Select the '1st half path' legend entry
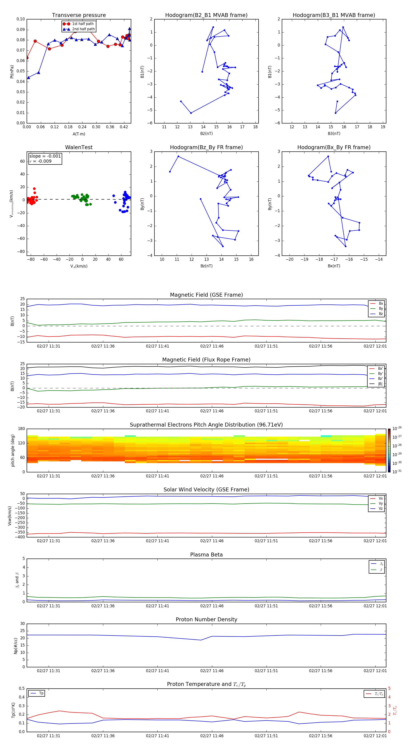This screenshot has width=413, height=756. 83,24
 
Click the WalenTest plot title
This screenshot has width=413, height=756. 79,147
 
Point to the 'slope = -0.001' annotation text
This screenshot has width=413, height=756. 45,156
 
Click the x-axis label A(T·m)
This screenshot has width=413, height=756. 79,134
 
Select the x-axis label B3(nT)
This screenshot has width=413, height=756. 334,134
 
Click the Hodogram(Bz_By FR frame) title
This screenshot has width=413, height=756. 206,147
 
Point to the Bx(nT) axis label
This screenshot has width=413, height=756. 334,266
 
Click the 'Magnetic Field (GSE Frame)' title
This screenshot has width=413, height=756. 206,295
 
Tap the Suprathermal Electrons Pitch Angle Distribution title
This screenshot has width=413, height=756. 206,425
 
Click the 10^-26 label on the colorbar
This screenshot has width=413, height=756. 397,428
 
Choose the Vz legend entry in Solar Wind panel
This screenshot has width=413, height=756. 380,509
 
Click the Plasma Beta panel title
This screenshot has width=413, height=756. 206,555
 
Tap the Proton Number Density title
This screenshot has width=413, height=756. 206,619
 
